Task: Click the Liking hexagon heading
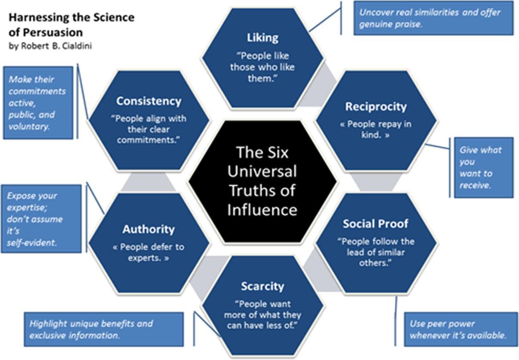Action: (x=262, y=38)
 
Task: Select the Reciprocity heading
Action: (x=376, y=107)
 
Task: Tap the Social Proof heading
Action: (x=376, y=223)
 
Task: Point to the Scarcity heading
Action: (x=262, y=286)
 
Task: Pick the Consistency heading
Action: (x=149, y=101)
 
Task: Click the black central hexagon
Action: (x=262, y=180)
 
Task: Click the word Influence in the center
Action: (x=262, y=210)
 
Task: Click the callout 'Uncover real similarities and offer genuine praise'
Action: (x=433, y=18)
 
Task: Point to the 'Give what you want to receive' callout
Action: (x=483, y=168)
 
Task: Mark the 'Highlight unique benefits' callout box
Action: (x=103, y=329)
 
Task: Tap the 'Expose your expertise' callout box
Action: (x=41, y=219)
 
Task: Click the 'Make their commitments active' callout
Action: (x=38, y=103)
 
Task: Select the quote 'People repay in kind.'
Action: (x=376, y=129)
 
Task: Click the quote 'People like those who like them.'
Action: (x=262, y=67)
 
